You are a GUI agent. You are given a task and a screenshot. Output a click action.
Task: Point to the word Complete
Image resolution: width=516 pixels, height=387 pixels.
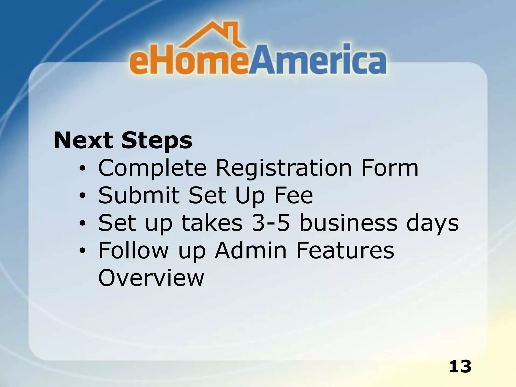[x=152, y=168]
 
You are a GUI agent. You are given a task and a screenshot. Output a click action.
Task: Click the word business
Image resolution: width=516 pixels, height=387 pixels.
[x=348, y=223]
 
